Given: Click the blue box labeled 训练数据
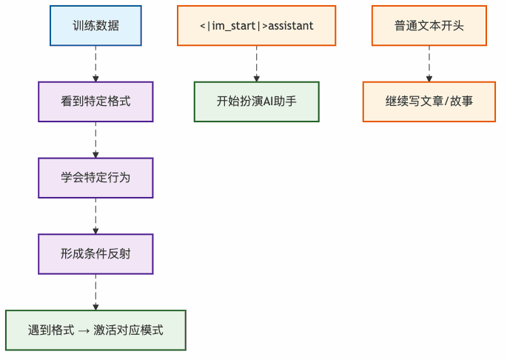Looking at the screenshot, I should [x=95, y=26].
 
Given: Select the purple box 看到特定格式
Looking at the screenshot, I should [x=95, y=101].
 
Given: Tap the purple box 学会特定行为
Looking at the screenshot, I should [x=95, y=178].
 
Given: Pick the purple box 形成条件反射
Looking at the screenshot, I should [x=95, y=254].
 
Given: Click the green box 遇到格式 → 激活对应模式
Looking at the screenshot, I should [x=95, y=330].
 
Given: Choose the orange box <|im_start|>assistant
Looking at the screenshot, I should [x=256, y=26].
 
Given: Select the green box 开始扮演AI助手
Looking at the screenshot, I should [x=256, y=101].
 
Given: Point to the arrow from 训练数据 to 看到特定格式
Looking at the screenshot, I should [x=95, y=64].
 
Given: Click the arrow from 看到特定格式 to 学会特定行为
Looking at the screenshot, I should [x=95, y=140].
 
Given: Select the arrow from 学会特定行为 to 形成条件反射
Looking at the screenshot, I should [x=95, y=216].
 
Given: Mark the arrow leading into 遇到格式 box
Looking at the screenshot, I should [x=95, y=293].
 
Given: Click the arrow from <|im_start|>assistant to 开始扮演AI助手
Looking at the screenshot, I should [x=256, y=64].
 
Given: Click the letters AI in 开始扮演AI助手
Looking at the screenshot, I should [x=269, y=101].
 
